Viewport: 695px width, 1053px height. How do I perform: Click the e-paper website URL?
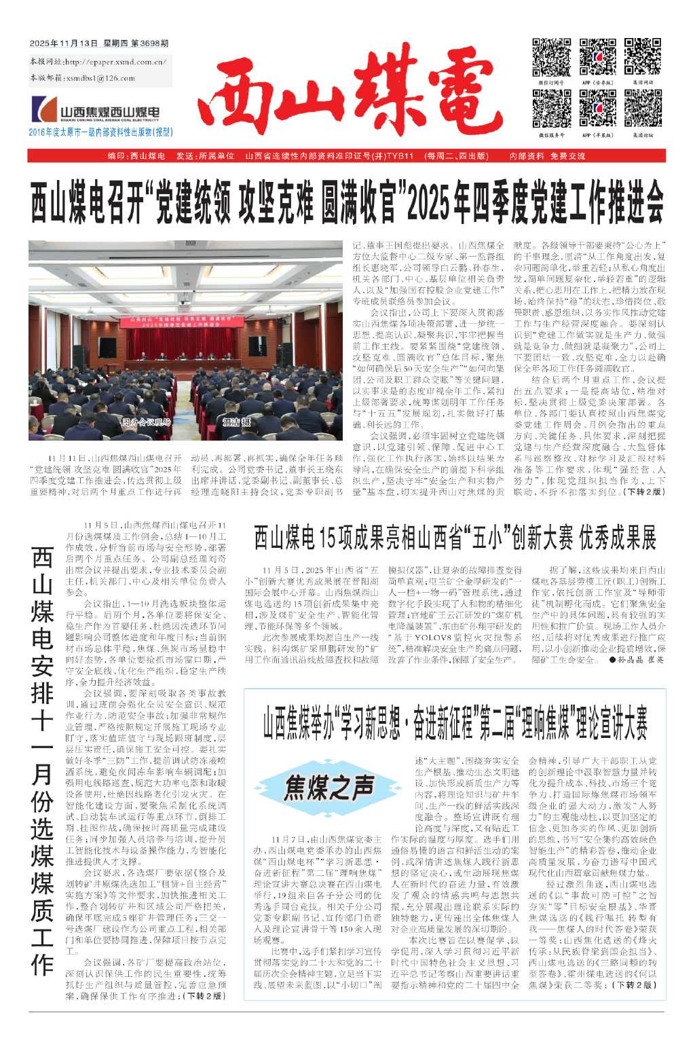tap(116, 62)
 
